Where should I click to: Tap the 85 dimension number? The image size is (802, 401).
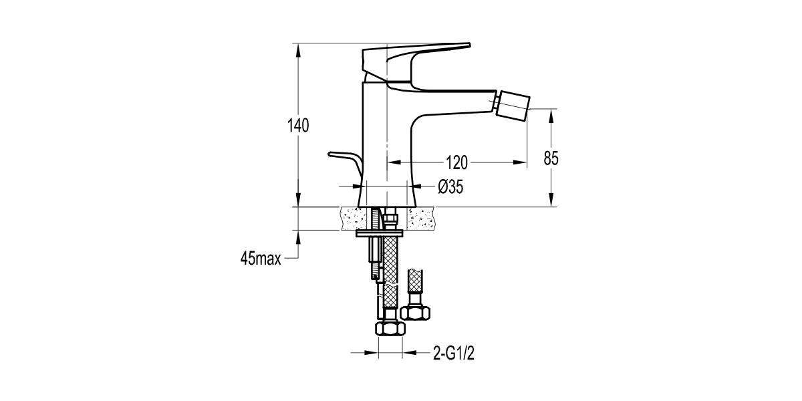pyautogui.click(x=551, y=158)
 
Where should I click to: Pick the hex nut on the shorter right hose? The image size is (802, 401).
pyautogui.click(x=418, y=311)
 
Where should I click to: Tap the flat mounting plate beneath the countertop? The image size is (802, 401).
pyautogui.click(x=378, y=234)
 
